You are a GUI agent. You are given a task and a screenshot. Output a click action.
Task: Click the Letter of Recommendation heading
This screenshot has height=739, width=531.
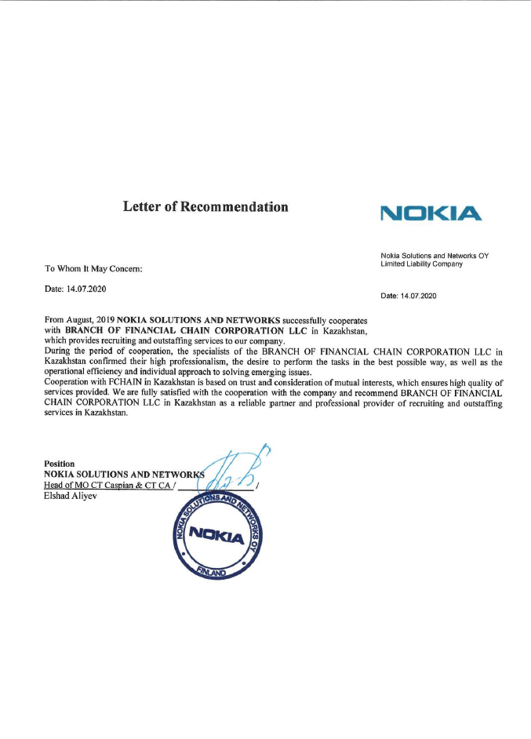(x=205, y=207)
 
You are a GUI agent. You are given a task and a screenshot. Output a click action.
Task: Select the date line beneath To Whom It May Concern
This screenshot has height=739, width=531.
(x=76, y=290)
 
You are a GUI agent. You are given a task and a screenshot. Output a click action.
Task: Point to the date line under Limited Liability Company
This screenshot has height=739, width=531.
(x=408, y=297)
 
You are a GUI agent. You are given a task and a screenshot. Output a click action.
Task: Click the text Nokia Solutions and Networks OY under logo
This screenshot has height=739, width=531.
(x=434, y=256)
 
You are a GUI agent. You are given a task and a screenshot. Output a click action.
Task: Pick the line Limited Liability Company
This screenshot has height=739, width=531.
(x=421, y=264)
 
